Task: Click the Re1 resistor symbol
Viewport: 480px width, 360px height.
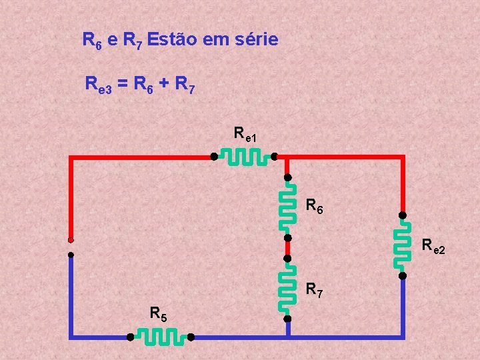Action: [244, 157]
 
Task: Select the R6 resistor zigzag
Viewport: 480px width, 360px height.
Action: [287, 207]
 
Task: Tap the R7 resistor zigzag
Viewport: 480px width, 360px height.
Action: [287, 288]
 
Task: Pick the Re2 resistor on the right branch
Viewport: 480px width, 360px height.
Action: [403, 245]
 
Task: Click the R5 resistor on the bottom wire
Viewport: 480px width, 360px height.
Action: [160, 337]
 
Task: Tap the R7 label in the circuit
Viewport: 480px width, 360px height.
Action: [315, 290]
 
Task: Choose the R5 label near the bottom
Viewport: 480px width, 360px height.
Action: [159, 313]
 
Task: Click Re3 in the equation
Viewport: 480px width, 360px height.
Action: [99, 85]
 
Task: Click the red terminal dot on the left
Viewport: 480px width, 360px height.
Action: [71, 240]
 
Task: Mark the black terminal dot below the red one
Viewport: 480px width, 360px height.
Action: [71, 254]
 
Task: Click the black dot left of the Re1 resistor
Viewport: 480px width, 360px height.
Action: [213, 157]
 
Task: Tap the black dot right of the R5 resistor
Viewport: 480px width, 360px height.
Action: [191, 337]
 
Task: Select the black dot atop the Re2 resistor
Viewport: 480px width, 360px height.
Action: [403, 215]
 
